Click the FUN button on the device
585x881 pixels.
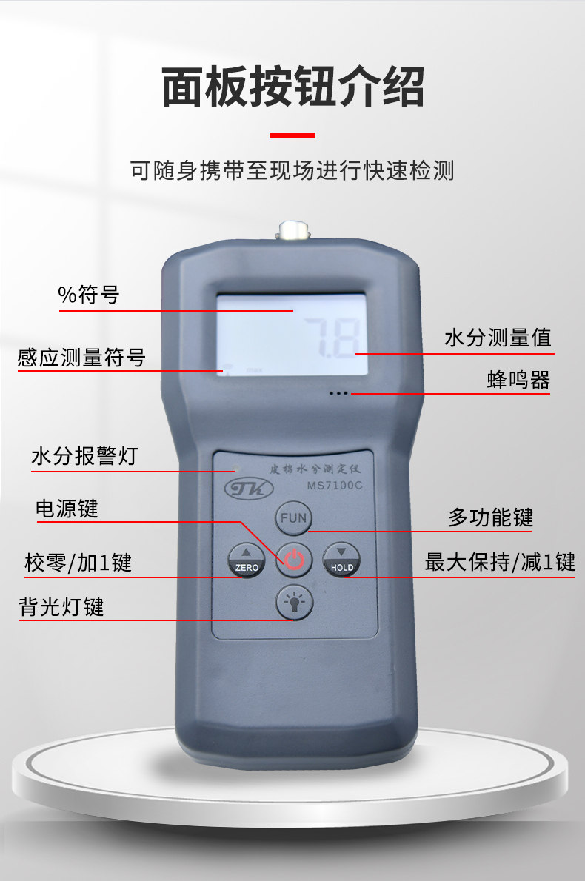point(293,518)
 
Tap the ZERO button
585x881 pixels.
point(247,560)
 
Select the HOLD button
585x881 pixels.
point(341,560)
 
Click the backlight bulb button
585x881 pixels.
point(294,603)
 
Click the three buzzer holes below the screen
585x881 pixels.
point(338,393)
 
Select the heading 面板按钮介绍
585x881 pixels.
point(292,87)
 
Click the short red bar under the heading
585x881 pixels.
point(292,135)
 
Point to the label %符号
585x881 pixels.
point(89,295)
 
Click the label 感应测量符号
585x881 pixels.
point(81,358)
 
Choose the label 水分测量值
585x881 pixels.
point(498,338)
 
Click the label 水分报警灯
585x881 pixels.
point(84,456)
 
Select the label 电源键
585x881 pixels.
point(67,509)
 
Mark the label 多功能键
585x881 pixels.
point(490,517)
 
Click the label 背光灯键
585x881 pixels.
point(61,607)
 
